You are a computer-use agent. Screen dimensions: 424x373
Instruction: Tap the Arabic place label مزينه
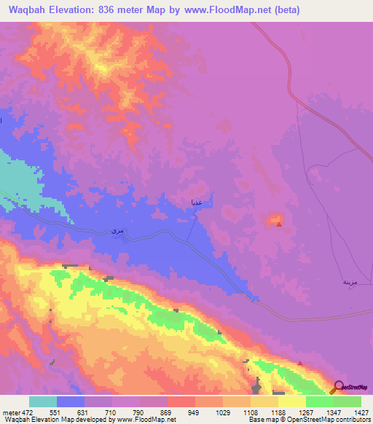pyautogui.click(x=350, y=281)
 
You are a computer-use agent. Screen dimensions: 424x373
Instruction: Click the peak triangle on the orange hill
pyautogui.click(x=279, y=224)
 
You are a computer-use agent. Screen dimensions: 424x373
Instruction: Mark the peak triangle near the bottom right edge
pyautogui.click(x=300, y=364)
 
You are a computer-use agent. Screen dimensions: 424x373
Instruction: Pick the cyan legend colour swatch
pyautogui.click(x=43, y=401)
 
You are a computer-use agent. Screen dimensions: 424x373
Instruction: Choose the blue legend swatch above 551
pyautogui.click(x=71, y=401)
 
